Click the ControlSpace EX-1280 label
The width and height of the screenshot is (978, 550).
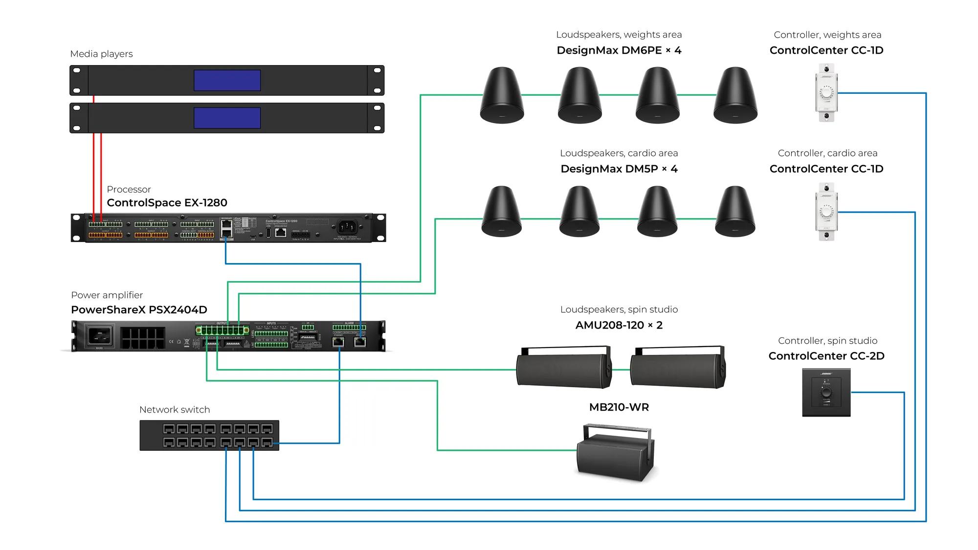point(167,202)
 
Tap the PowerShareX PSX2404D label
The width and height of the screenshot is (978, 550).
point(139,309)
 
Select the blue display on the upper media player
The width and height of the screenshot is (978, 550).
point(227,80)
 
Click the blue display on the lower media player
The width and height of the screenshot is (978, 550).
point(227,118)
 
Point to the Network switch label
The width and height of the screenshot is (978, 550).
point(175,410)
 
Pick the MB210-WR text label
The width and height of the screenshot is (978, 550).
point(619,407)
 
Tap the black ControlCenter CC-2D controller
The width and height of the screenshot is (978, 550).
point(826,393)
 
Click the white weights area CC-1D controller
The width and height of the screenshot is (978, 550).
point(826,92)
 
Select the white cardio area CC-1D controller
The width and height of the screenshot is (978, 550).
point(826,212)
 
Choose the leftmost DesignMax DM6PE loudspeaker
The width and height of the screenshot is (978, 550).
point(502,95)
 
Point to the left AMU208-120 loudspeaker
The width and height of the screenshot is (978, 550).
point(564,368)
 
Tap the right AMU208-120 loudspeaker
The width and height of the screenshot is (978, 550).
point(678,368)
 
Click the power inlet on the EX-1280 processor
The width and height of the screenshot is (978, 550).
point(347,227)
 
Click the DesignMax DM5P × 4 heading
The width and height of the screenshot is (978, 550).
point(619,169)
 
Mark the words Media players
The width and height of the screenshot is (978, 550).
point(101,54)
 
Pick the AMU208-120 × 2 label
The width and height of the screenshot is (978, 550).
point(619,325)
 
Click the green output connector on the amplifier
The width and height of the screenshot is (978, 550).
point(222,330)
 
